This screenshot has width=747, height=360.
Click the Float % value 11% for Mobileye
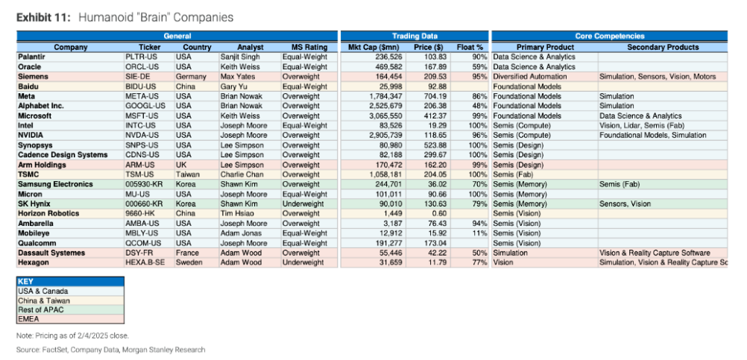click(479, 233)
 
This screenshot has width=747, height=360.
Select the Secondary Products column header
click(663, 47)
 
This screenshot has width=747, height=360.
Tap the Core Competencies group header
click(608, 36)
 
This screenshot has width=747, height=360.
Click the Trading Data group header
click(415, 36)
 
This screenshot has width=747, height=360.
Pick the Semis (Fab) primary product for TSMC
click(515, 174)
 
